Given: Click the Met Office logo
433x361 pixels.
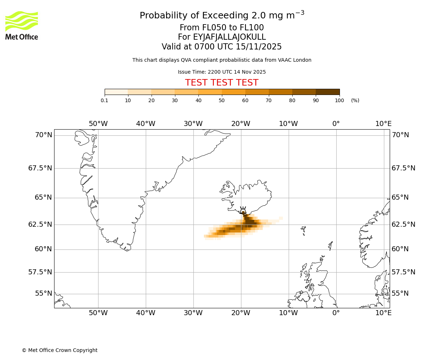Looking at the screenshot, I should pyautogui.click(x=22, y=25).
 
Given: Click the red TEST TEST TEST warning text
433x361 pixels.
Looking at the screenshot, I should pyautogui.click(x=222, y=83).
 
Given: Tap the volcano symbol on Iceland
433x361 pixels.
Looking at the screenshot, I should pyautogui.click(x=243, y=210).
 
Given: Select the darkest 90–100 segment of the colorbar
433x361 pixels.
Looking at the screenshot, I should pyautogui.click(x=328, y=92).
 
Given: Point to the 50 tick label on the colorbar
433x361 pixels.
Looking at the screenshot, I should pyautogui.click(x=222, y=100).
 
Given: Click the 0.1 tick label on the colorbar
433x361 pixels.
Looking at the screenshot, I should pyautogui.click(x=105, y=100).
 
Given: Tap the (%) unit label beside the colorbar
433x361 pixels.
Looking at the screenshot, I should pyautogui.click(x=355, y=100).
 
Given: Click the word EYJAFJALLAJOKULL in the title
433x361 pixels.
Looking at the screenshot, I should pyautogui.click(x=229, y=37).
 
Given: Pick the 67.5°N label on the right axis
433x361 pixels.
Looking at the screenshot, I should pyautogui.click(x=403, y=168).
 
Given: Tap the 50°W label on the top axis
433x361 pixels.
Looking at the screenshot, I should pyautogui.click(x=98, y=124).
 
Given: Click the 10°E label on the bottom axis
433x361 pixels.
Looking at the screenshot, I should pyautogui.click(x=383, y=313).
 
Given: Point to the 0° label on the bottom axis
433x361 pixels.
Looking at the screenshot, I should pyautogui.click(x=336, y=313).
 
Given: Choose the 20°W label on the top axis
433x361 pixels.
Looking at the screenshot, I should pyautogui.click(x=241, y=124).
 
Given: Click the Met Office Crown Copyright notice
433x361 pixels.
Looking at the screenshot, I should pyautogui.click(x=60, y=350).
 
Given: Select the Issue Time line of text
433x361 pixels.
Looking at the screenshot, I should pyautogui.click(x=222, y=72).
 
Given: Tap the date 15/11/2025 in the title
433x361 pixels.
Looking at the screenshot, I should pyautogui.click(x=259, y=47).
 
